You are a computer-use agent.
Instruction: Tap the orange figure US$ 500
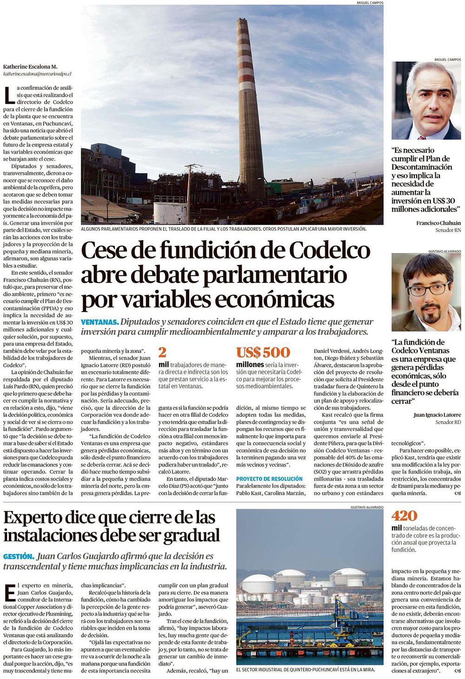click(263, 352)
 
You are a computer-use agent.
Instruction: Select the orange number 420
click(404, 515)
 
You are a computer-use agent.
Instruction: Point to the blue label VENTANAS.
click(100, 322)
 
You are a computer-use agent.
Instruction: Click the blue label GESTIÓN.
click(19, 556)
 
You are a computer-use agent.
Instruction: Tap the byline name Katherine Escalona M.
click(30, 67)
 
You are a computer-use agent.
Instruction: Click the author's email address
click(37, 73)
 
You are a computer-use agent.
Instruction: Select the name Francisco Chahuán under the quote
click(438, 223)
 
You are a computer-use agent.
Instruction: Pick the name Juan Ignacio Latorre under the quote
click(437, 415)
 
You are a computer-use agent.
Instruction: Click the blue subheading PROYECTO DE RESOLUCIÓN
click(269, 479)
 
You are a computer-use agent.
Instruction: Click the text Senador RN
click(448, 230)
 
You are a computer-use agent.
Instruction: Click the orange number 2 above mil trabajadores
click(162, 352)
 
